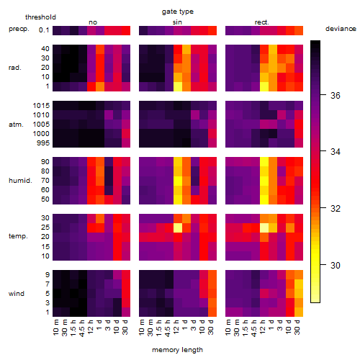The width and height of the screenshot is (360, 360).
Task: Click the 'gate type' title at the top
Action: coord(178,12)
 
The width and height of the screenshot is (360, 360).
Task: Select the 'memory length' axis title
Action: coord(177,350)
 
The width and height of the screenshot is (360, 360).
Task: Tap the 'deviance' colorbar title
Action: coord(341,29)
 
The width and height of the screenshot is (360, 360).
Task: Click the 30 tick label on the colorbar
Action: coord(336,265)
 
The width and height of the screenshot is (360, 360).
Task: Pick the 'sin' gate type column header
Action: coord(177,22)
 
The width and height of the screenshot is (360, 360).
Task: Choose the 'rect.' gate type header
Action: coord(262,22)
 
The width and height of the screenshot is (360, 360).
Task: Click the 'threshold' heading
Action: coord(40,17)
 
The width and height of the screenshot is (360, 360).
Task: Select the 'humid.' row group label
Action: coord(20,180)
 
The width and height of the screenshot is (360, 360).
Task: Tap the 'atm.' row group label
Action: coord(16,125)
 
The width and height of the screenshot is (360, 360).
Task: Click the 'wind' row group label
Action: coord(17,293)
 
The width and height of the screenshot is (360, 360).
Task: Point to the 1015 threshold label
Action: coord(41,105)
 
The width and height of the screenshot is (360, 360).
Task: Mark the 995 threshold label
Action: coord(43,143)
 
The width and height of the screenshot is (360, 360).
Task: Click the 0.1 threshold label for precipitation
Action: coord(44,30)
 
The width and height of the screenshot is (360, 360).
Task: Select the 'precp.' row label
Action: coord(19,29)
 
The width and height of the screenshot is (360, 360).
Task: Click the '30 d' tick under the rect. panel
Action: coord(297,328)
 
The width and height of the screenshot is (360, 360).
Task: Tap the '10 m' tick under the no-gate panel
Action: coord(55,328)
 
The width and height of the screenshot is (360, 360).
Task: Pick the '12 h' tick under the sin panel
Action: coord(176,328)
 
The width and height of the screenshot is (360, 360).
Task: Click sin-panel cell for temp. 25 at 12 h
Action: coord(178,228)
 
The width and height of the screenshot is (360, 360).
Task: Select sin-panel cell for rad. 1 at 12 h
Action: coord(178,86)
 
